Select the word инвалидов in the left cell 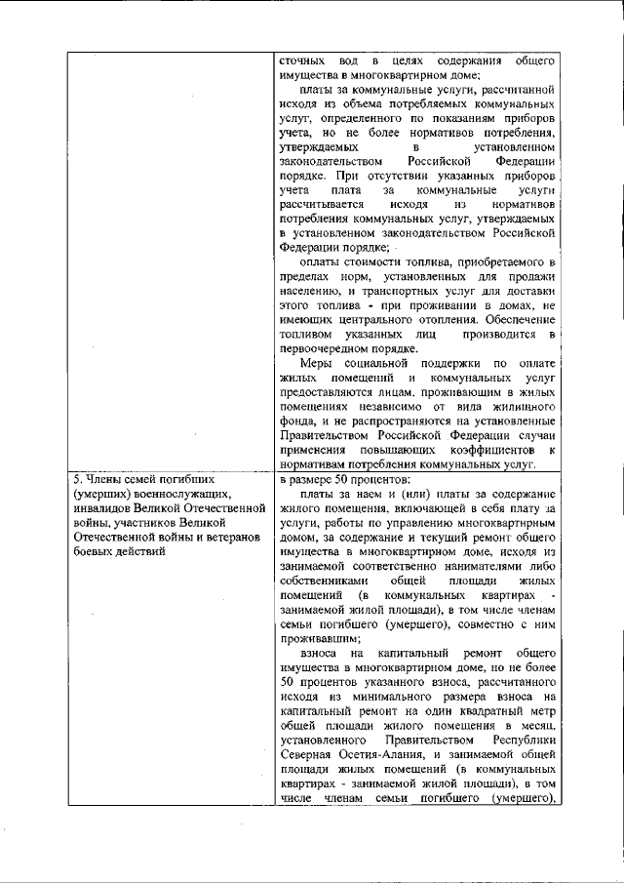(x=102, y=507)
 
